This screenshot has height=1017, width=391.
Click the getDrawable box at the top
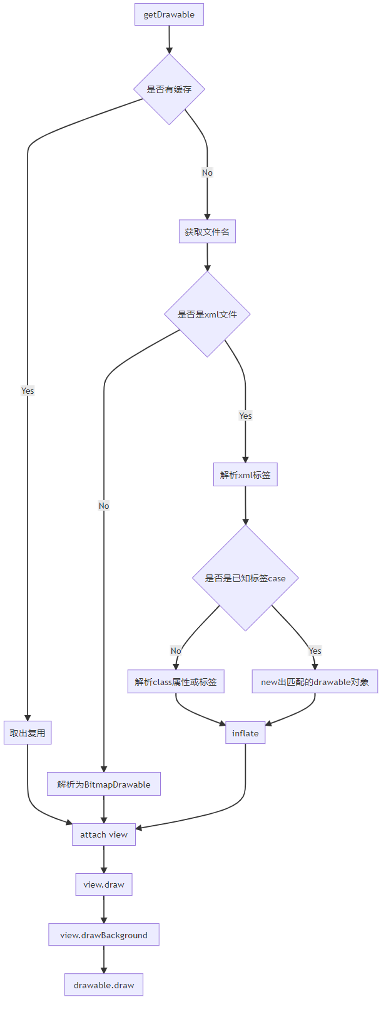point(169,14)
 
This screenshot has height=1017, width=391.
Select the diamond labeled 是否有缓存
point(169,89)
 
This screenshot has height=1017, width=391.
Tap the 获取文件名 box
point(207,232)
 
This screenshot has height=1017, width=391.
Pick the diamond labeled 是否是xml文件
point(207,314)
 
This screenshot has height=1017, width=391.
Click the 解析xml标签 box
point(245,475)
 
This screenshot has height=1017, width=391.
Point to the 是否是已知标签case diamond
point(245,578)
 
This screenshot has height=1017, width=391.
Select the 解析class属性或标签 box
point(176,682)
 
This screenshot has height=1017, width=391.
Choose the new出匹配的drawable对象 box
point(315,682)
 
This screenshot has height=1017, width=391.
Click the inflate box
point(245,733)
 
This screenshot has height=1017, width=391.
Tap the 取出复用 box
point(28,733)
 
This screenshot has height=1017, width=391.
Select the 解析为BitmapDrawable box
point(104,784)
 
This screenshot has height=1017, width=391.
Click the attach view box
point(104,834)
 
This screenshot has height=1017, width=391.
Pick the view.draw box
point(104,884)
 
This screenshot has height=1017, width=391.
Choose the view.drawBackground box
point(104,935)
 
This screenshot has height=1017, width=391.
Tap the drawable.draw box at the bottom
point(104,985)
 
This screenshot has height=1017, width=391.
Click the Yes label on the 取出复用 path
point(28,391)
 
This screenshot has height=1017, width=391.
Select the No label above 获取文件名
point(207,173)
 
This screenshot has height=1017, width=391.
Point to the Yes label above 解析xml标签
point(245,416)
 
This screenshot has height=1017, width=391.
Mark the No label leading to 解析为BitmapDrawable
point(104,506)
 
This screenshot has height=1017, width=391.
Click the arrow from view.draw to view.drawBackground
point(104,909)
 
